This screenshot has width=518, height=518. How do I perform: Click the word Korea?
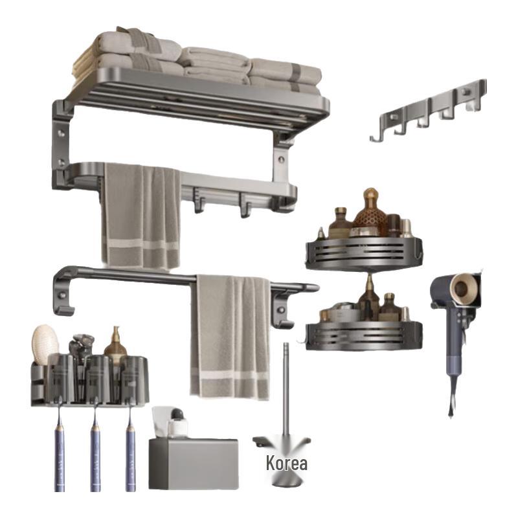(x=286, y=463)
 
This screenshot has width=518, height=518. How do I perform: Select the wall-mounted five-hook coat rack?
(x=429, y=110)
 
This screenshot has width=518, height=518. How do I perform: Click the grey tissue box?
(x=194, y=464)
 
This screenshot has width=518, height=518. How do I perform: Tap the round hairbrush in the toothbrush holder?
(x=45, y=344)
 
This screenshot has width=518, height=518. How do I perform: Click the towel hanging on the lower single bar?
(x=230, y=337)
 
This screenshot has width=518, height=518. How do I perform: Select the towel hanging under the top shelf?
(x=142, y=216)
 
